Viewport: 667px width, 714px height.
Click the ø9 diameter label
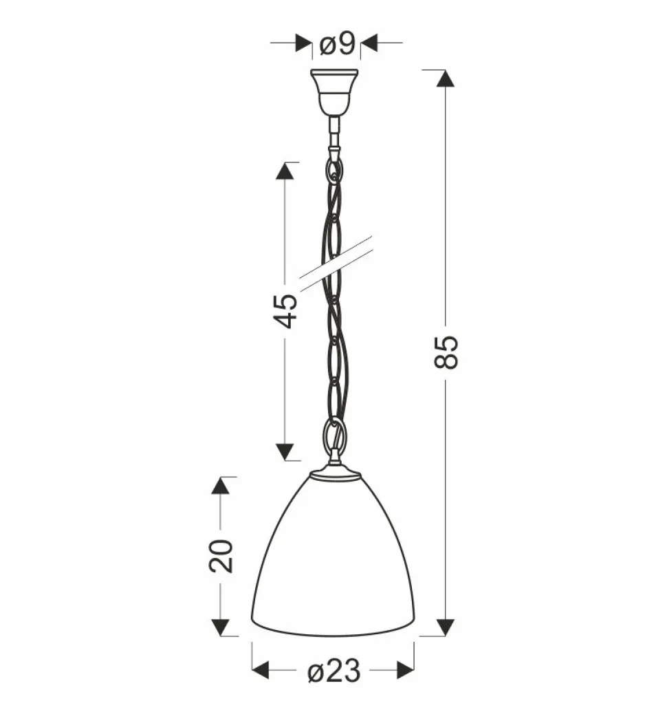[x=337, y=45]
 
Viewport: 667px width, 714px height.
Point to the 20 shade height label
[x=221, y=556]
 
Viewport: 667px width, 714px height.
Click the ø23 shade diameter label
[x=333, y=672]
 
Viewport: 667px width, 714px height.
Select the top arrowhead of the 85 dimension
[x=447, y=78]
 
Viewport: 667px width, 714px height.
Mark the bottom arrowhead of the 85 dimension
[x=447, y=627]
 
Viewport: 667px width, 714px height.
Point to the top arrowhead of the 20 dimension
[x=220, y=486]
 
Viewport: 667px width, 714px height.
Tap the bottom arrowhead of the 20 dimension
[x=220, y=627]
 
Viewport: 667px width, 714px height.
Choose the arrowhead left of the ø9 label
[x=303, y=43]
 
